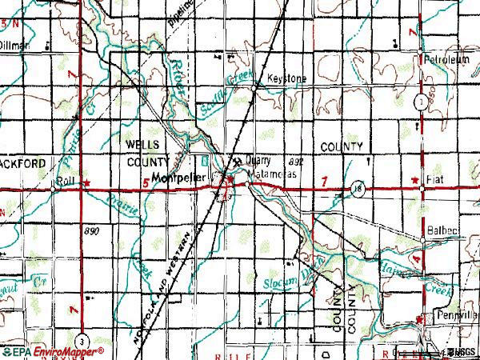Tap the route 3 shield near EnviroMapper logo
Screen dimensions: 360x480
(82, 338)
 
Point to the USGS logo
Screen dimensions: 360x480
(464, 351)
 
